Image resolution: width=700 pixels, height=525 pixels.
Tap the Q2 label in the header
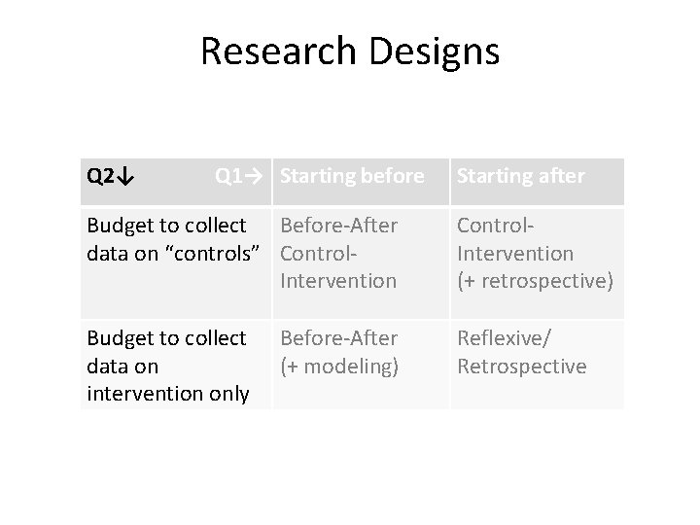[99, 176]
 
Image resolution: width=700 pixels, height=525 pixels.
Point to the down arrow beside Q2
[127, 177]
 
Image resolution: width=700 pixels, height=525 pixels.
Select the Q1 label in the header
[228, 176]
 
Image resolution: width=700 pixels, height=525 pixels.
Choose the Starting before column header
[352, 176]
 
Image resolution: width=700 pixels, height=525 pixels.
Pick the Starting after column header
[520, 176]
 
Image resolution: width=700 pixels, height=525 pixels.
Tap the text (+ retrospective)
[534, 281]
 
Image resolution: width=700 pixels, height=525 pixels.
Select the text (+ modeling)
[339, 366]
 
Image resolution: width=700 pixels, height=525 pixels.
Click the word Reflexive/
[502, 338]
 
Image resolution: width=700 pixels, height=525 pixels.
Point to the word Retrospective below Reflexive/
[521, 366]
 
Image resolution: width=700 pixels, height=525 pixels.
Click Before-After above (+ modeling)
[338, 338]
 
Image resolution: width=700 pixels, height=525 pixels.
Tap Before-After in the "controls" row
[338, 226]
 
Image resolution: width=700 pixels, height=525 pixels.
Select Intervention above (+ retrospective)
[514, 254]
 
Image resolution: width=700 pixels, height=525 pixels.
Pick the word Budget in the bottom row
[118, 338]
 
